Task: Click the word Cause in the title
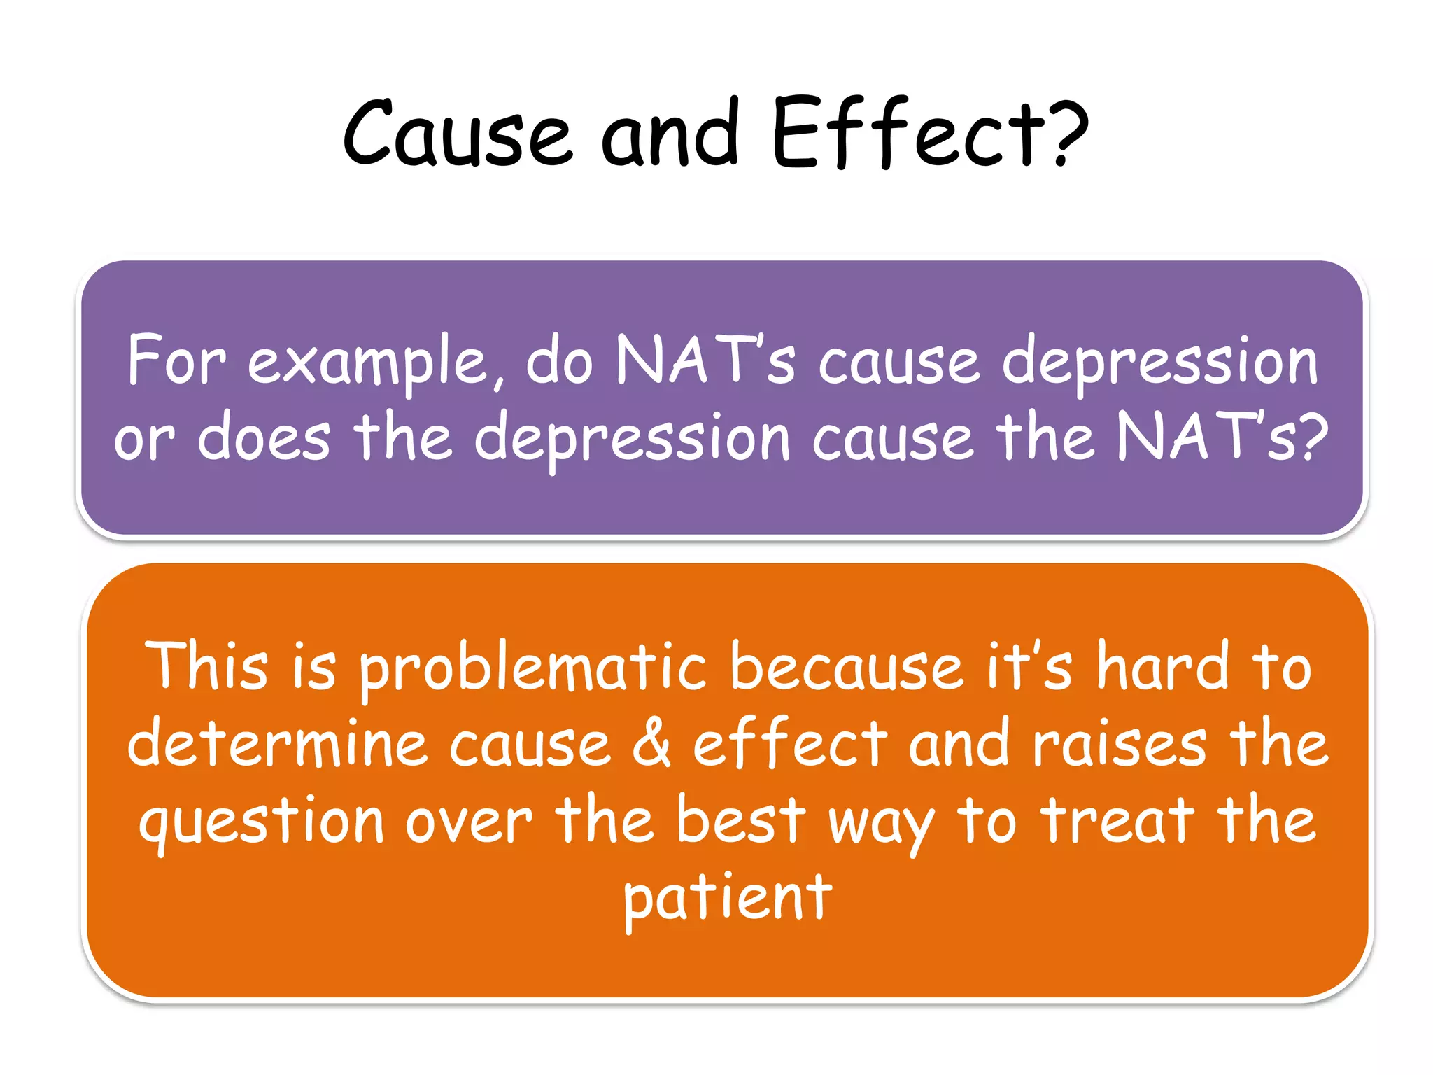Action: tap(458, 133)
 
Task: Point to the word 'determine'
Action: tap(277, 743)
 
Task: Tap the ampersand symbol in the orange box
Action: tap(651, 743)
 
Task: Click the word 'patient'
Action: tap(728, 899)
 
